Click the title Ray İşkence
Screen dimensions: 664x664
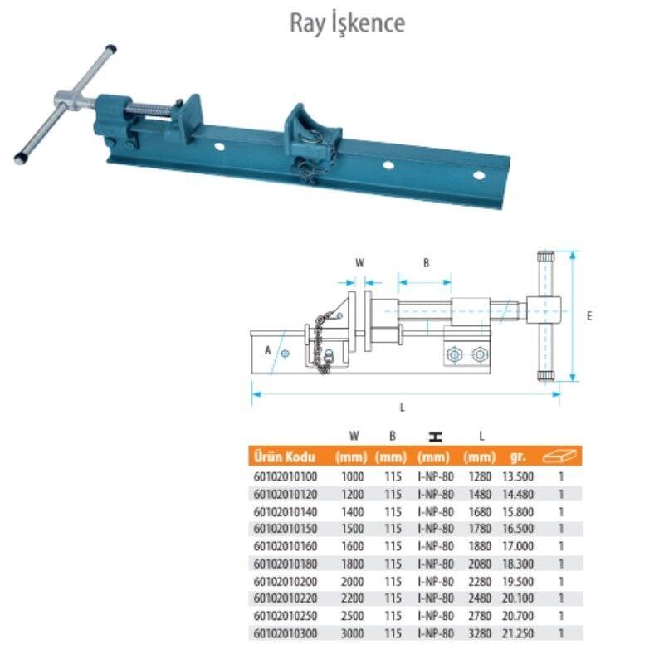point(347,23)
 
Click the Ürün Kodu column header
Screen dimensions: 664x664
point(285,457)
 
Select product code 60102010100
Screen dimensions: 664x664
point(286,476)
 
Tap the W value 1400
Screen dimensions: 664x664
point(352,512)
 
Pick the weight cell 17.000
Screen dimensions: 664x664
point(517,546)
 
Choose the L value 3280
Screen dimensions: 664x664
point(480,633)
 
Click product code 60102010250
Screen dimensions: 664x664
point(286,616)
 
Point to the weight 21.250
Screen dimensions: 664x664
point(517,633)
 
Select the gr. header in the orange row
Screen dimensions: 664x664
point(517,457)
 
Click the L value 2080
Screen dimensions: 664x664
point(480,564)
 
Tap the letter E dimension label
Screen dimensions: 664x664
point(589,316)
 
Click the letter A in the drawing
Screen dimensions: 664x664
point(267,350)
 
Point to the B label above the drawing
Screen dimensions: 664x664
point(426,263)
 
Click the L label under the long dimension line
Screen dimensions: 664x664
point(403,408)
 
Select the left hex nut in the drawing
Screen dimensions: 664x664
point(454,354)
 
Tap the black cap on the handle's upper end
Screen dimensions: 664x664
point(111,48)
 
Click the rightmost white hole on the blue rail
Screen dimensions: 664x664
point(479,175)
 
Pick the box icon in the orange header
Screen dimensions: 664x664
point(559,456)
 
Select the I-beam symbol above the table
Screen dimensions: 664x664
point(435,437)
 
